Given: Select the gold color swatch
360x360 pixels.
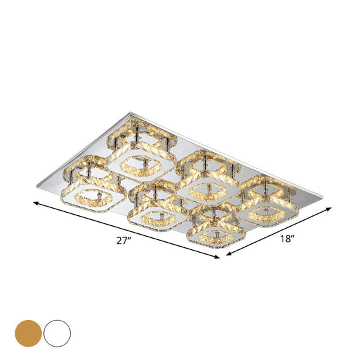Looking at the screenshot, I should (x=28, y=331).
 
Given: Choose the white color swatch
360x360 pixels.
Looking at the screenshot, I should (x=58, y=331).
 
